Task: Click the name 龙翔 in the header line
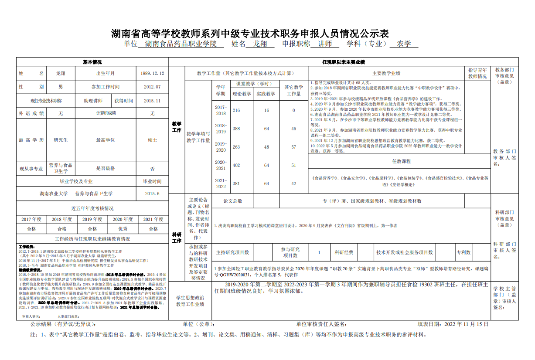click(x=260, y=44)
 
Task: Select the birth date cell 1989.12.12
click(x=152, y=74)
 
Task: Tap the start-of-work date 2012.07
click(x=152, y=87)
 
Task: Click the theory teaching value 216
click(x=236, y=110)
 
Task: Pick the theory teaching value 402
click(x=236, y=165)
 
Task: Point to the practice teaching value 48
click(x=266, y=147)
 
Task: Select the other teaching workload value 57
click(x=293, y=147)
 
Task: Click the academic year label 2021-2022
click(x=221, y=183)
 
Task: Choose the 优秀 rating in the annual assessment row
click(x=123, y=229)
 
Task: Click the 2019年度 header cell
click(x=92, y=219)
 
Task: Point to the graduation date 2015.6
click(x=152, y=194)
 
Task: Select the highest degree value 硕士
click(x=152, y=140)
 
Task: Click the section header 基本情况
click(x=92, y=62)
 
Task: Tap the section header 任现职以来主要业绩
click(x=343, y=62)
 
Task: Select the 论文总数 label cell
click(x=232, y=201)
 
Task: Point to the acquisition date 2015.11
click(x=152, y=101)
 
